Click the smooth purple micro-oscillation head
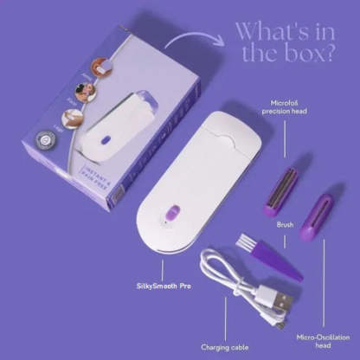coord(318,217)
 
